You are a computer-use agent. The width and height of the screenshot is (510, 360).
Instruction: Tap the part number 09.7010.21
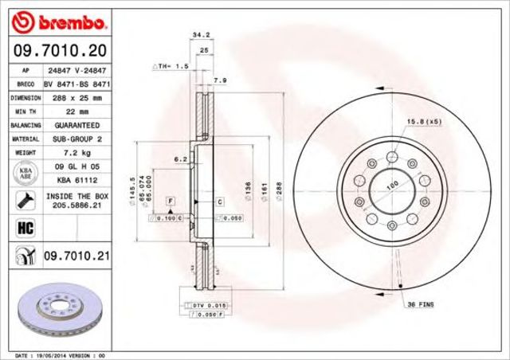(77, 256)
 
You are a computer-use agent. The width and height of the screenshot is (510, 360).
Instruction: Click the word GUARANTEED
(77, 126)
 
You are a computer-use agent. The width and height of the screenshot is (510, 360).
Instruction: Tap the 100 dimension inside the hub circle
(391, 186)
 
